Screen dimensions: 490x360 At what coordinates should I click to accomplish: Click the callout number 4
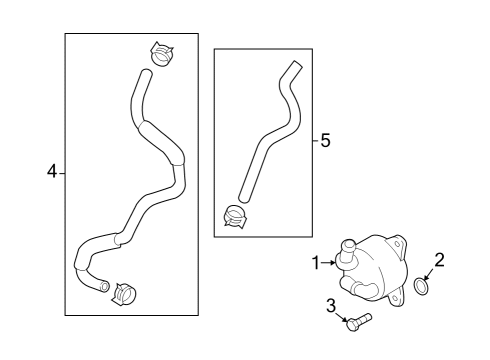[x=52, y=172]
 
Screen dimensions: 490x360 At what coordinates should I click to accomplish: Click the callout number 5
[x=325, y=140]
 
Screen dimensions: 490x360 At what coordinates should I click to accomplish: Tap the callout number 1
[x=316, y=263]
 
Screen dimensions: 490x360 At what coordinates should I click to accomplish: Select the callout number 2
[x=439, y=260]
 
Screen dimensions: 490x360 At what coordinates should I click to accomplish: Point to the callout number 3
[x=331, y=305]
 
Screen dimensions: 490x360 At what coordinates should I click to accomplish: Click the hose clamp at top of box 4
[x=162, y=54]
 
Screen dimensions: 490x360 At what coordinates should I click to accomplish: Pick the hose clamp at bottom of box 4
[x=124, y=294]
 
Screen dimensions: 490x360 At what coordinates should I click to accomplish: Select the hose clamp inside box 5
[x=235, y=217]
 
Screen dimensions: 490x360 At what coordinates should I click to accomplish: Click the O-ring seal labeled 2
[x=422, y=287]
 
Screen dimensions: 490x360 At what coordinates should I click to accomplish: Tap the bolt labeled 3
[x=359, y=322]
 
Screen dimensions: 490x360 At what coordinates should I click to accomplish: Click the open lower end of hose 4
[x=105, y=286]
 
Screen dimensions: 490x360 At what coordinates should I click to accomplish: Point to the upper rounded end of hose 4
[x=146, y=73]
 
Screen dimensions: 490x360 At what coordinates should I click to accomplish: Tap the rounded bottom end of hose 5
[x=244, y=198]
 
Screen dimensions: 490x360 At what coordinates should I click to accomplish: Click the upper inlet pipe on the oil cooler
[x=348, y=252]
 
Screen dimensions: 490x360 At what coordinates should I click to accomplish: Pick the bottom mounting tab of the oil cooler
[x=399, y=298]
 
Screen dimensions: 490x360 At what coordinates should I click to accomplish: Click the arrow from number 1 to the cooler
[x=329, y=263]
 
